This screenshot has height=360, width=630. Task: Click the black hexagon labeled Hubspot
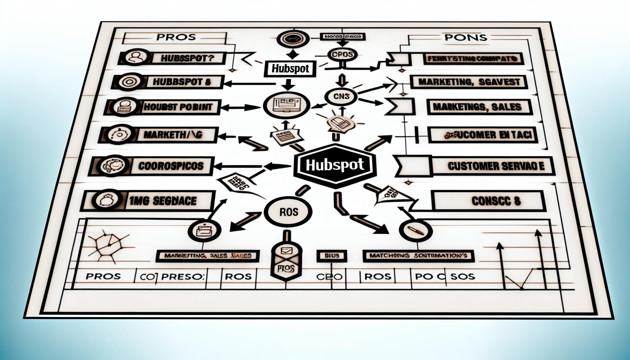point(333,164)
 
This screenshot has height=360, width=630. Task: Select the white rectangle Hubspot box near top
point(290,69)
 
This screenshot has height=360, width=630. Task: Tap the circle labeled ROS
point(288,212)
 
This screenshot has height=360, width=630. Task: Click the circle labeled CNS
point(340,96)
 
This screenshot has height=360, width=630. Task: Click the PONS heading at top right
point(465,37)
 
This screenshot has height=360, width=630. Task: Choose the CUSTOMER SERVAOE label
point(496,166)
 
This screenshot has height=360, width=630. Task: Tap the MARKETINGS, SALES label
point(477,107)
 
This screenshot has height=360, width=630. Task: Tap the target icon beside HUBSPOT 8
point(127,82)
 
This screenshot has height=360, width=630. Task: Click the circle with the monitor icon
point(287,105)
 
